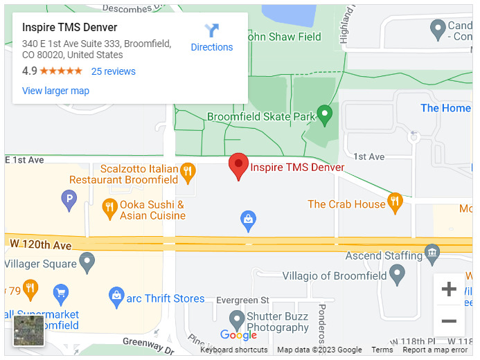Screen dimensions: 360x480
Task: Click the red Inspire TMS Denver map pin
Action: pyautogui.click(x=238, y=165)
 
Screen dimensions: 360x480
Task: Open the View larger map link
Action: pyautogui.click(x=55, y=91)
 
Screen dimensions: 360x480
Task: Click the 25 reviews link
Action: pyautogui.click(x=114, y=71)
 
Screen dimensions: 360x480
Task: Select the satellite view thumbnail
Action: pyautogui.click(x=29, y=331)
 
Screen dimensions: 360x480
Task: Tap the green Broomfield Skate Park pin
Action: pyautogui.click(x=325, y=114)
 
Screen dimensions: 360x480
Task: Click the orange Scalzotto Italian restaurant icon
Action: pyautogui.click(x=187, y=171)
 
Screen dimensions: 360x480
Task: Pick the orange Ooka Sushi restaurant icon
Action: pyautogui.click(x=109, y=206)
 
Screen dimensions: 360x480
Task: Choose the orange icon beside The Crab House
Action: pyautogui.click(x=395, y=201)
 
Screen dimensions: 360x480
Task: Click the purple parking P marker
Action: pyautogui.click(x=69, y=201)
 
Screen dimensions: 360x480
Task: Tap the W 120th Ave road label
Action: pyautogui.click(x=41, y=245)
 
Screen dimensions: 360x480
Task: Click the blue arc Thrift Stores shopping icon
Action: pyautogui.click(x=116, y=297)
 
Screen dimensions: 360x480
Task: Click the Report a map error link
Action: pyautogui.click(x=435, y=350)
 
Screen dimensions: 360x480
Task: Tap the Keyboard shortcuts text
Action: pyautogui.click(x=234, y=350)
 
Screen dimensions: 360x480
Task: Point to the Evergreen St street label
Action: pyautogui.click(x=242, y=300)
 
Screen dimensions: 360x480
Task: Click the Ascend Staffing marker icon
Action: pyautogui.click(x=432, y=252)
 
